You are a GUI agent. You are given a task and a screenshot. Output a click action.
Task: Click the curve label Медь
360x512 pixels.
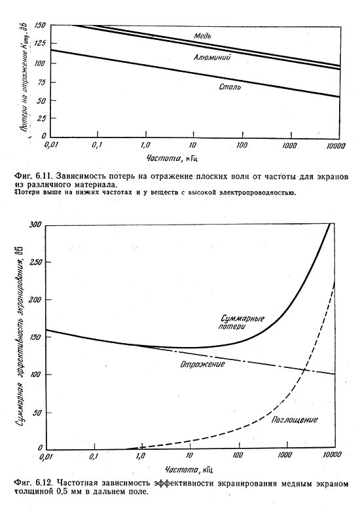pos(202,35)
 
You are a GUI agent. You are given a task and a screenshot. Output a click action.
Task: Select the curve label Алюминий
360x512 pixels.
pos(212,57)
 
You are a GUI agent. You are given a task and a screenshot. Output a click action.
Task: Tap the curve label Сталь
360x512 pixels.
pos(230,87)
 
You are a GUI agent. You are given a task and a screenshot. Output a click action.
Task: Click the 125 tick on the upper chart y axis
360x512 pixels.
pos(42,43)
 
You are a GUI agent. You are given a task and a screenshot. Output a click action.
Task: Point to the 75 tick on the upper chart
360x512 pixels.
pos(43,82)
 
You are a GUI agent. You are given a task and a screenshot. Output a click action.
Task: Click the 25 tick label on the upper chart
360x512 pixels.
pos(43,119)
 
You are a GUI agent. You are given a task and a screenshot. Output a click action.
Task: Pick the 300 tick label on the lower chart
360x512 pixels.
pos(35,225)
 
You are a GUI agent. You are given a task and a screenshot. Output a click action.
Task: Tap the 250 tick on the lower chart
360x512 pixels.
pos(35,262)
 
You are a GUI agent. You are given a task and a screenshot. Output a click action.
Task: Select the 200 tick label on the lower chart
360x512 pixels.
pos(35,299)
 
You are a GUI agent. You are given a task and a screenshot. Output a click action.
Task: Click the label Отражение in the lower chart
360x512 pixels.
pos(202,364)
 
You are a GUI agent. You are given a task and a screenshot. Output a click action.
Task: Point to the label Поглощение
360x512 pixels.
pos(295,420)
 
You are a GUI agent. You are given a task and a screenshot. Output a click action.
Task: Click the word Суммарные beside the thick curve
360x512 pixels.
pos(242,318)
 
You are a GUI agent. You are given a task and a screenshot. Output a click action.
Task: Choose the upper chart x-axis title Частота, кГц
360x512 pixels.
pos(172,158)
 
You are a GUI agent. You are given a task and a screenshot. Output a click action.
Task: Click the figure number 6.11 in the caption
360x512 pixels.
pos(43,176)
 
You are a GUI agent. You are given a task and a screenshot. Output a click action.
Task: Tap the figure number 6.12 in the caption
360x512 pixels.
pos(43,483)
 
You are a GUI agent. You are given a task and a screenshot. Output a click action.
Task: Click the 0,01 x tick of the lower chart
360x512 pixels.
pos(46,456)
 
